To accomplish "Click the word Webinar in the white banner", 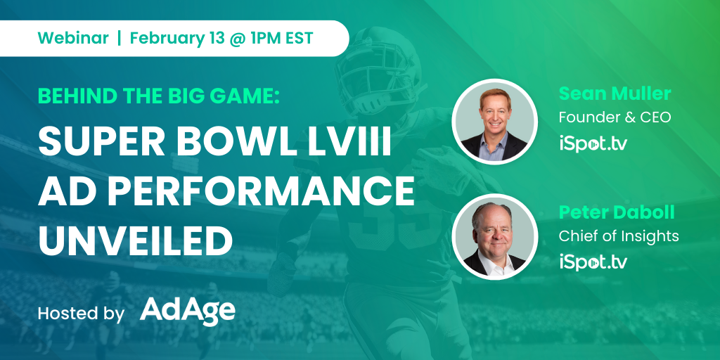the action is coord(73,38).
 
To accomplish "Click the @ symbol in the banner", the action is coord(233,39).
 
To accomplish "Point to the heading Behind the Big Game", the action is coord(159,96).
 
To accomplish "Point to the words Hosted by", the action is coord(82,314).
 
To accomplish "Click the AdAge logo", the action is coord(187,311).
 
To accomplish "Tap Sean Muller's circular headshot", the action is coord(494,122).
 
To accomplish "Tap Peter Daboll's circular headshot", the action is coord(494,237).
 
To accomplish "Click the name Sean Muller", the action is coord(615,94).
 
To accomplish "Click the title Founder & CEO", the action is coord(615,117).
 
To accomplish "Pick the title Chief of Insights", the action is coord(619,236).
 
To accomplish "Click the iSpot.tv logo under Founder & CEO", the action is coord(593,143).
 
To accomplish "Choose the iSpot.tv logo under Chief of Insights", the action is coord(593,262).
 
